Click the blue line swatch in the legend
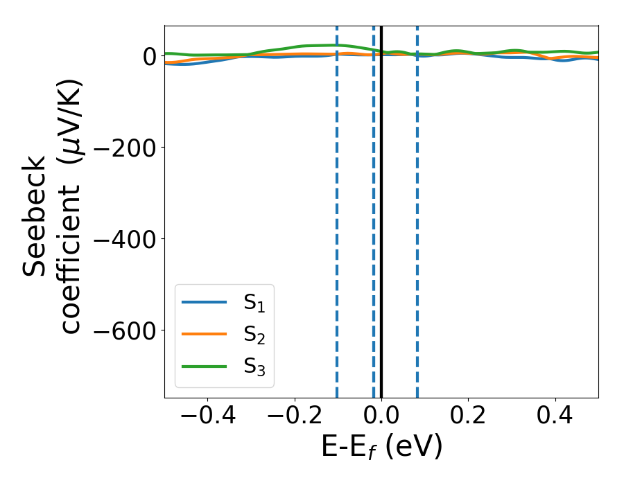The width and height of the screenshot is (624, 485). point(205,302)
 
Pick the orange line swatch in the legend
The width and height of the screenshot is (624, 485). point(205,334)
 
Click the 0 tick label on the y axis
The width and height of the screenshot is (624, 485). point(149,55)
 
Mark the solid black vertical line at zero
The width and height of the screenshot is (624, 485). point(381,208)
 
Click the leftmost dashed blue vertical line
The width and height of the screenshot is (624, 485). point(337,208)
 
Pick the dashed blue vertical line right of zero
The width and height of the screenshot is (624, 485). point(417,208)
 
